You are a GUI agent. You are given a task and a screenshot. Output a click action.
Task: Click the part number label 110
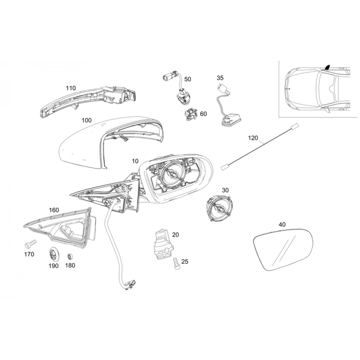pos(70,88)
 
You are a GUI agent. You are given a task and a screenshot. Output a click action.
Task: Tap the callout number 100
pos(86,120)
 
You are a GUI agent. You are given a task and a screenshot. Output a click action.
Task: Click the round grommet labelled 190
pos(53,254)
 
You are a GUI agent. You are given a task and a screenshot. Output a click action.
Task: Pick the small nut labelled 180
pos(70,256)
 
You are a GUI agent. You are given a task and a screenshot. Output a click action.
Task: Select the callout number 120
pos(253,138)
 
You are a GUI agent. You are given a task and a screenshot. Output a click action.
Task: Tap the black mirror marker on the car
pos(327,67)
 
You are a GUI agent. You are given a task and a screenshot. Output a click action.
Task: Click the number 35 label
pos(220,78)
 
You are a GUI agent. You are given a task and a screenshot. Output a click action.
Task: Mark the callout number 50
pos(187,79)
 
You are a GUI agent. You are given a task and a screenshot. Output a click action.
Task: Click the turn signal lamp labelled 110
pos(90,103)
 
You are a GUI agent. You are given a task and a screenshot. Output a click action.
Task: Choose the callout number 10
pos(135,161)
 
